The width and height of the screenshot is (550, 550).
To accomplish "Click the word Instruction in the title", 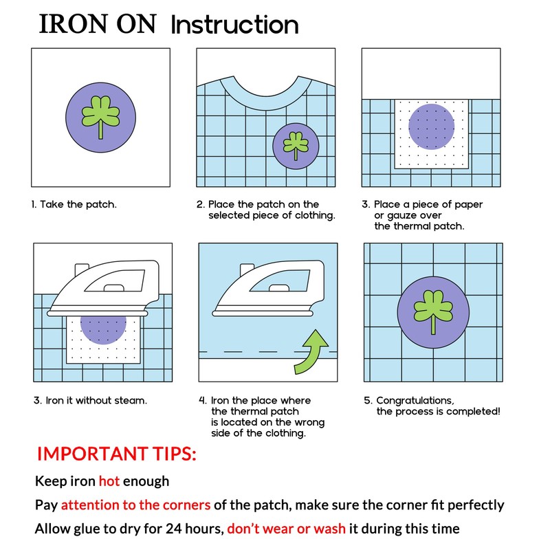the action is click(x=234, y=25).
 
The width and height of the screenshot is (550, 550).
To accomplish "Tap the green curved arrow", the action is click(x=311, y=353).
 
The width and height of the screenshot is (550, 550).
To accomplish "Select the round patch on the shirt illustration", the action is click(x=296, y=146).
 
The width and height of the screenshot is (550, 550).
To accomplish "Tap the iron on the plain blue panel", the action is click(x=269, y=288).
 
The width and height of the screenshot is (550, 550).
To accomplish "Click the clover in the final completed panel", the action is click(x=433, y=311).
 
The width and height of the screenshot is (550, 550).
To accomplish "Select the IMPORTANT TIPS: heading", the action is click(x=116, y=454).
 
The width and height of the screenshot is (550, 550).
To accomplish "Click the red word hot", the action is click(x=109, y=481).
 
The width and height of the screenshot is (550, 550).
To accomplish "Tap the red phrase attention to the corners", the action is click(x=135, y=505).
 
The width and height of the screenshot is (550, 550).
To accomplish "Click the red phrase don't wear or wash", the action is click(x=286, y=528).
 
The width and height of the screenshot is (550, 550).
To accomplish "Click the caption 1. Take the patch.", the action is click(x=74, y=204).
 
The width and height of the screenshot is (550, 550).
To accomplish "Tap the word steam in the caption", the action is click(x=132, y=400).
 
